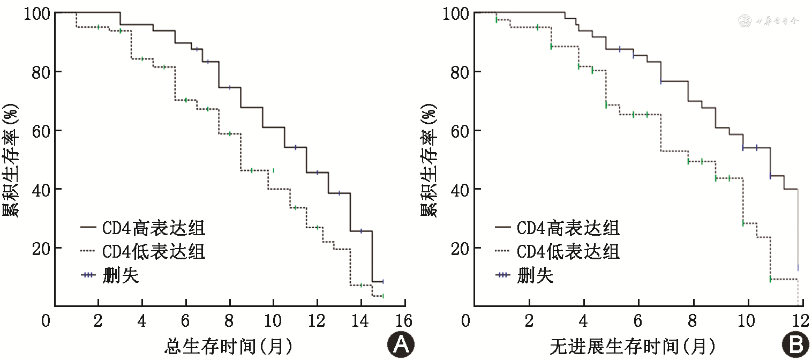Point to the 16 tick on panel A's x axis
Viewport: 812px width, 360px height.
coord(404,321)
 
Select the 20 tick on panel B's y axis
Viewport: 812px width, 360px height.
coord(460,248)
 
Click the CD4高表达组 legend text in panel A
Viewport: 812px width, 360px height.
coord(153,228)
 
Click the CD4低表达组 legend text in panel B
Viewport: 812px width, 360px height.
coord(568,251)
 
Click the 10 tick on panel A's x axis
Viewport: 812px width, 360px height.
coord(273,321)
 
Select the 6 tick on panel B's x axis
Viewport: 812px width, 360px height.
coord(637,321)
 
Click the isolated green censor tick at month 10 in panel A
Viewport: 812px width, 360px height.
coord(273,170)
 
